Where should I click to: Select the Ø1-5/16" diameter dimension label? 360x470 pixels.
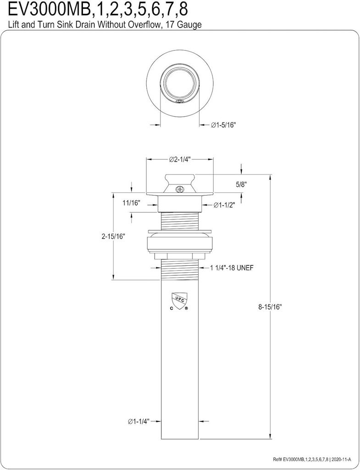coord(223,125)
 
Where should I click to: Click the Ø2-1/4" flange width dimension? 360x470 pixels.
coord(179,159)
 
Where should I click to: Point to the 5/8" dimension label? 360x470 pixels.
coord(241,185)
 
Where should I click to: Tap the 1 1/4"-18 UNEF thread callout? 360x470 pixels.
coord(232,268)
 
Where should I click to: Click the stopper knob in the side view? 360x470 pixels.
coord(180,180)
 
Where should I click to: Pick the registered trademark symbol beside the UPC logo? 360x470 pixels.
coord(186,308)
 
